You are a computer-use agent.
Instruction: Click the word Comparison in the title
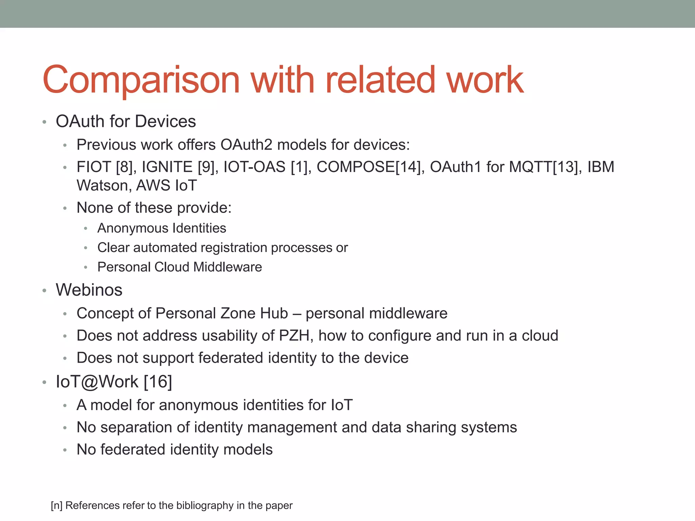pos(141,80)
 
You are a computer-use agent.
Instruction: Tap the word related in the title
pos(380,80)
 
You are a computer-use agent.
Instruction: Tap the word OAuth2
pos(246,145)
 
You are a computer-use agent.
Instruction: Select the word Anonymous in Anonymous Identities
pos(133,228)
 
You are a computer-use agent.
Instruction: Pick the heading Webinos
pos(89,290)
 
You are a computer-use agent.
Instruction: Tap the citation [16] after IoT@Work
pos(158,382)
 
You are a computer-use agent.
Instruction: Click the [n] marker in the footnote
pos(57,505)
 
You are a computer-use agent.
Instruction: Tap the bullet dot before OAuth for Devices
pos(44,122)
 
